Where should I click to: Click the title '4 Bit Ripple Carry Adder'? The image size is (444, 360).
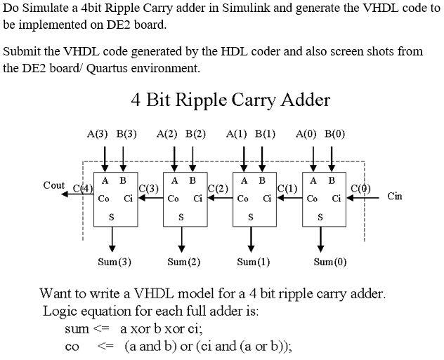pos(230,100)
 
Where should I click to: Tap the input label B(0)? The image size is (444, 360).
pos(334,134)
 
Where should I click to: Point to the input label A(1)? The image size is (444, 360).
pos(237,134)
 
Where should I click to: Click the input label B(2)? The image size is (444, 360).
pos(195,134)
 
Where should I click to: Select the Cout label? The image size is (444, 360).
pos(53,185)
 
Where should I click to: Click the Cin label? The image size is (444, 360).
pos(395,196)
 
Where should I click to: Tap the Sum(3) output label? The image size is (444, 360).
pos(114,262)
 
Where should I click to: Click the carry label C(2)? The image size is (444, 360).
pos(218,188)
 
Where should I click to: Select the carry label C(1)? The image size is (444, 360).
pos(287,188)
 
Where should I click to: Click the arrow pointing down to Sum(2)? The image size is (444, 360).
pos(183,240)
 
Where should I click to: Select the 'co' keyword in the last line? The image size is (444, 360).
pos(72,347)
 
